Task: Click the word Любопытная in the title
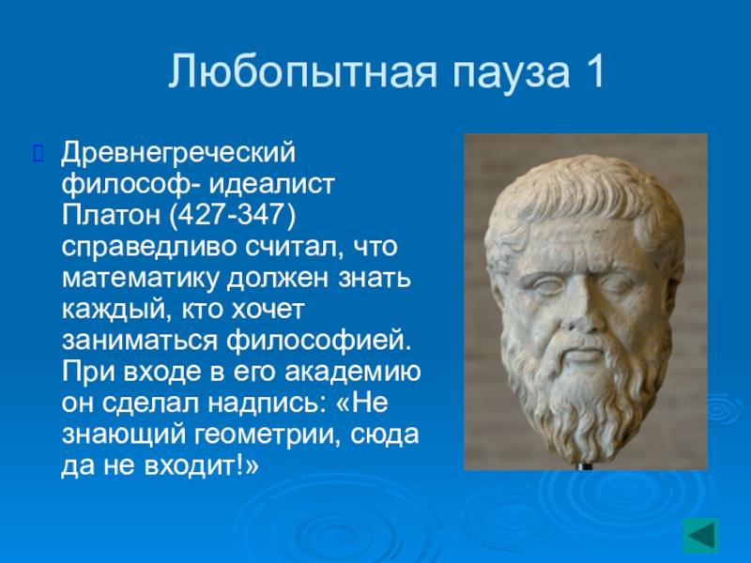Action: (302, 73)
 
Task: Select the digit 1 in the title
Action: (595, 71)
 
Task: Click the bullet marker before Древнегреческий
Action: (38, 153)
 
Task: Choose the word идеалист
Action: (271, 184)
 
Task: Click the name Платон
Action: (111, 215)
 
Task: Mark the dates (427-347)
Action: (232, 215)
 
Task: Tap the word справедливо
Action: (149, 248)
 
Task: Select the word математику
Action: (140, 279)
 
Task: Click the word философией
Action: (319, 341)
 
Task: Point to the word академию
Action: (353, 373)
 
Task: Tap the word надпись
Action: (264, 403)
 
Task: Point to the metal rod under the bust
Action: (583, 466)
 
